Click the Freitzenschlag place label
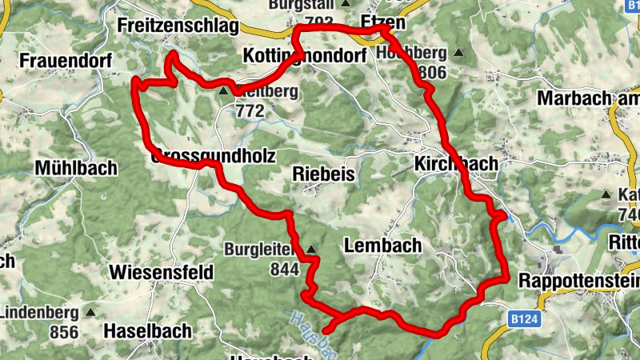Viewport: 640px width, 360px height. pyautogui.click(x=178, y=26)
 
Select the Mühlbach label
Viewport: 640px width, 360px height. pyautogui.click(x=76, y=168)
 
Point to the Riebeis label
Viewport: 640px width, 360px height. pyautogui.click(x=323, y=173)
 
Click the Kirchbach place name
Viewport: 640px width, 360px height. pyautogui.click(x=456, y=163)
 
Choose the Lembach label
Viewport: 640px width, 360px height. pyautogui.click(x=382, y=246)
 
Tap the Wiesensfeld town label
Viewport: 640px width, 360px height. pyautogui.click(x=162, y=272)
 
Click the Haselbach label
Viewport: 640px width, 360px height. pyautogui.click(x=147, y=330)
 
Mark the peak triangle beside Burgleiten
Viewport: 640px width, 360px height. pyautogui.click(x=311, y=250)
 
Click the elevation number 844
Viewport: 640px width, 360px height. pyautogui.click(x=284, y=270)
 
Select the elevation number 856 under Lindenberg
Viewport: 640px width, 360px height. pyautogui.click(x=63, y=332)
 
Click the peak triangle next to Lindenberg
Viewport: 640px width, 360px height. pyautogui.click(x=91, y=313)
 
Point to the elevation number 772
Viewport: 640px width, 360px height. pyautogui.click(x=250, y=111)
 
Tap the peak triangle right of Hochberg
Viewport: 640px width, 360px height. pyautogui.click(x=458, y=54)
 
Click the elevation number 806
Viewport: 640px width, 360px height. pyautogui.click(x=432, y=73)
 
